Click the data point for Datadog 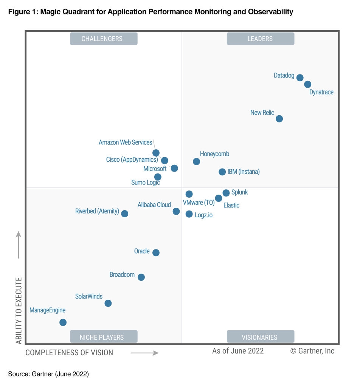[x=300, y=78]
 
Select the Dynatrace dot [x=308, y=84]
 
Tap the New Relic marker [x=279, y=119]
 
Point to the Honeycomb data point [x=196, y=161]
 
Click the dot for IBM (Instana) [x=222, y=172]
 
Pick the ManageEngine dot [x=63, y=322]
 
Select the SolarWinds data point [x=108, y=303]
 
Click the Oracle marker [x=156, y=252]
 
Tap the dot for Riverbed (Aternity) [x=124, y=214]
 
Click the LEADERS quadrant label [x=260, y=39]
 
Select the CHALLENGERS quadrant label [x=104, y=39]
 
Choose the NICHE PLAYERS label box [x=104, y=337]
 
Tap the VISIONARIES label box [x=260, y=337]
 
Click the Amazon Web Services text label [x=125, y=142]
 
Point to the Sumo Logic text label [x=146, y=183]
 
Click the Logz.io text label [x=203, y=215]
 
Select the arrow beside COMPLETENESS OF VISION [x=145, y=353]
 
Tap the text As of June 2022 [x=238, y=351]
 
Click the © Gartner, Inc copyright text [x=312, y=351]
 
